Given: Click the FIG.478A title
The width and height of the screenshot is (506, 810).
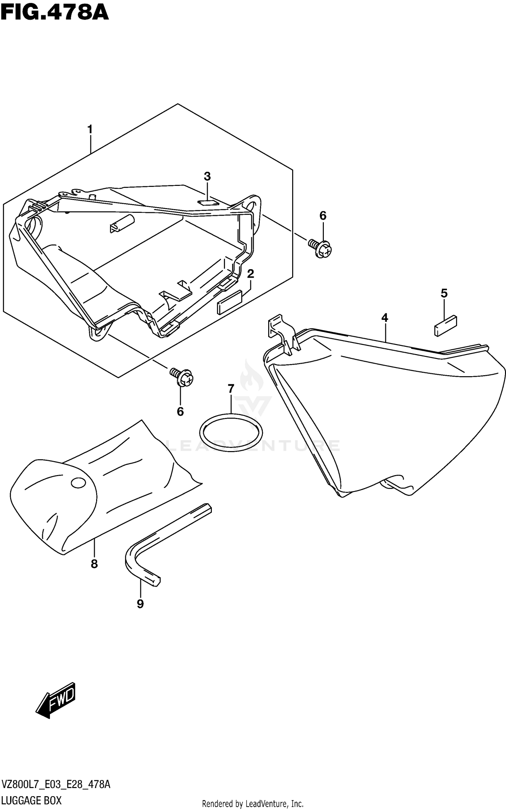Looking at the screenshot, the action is click(55, 13).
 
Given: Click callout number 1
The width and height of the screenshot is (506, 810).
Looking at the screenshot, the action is click(90, 129).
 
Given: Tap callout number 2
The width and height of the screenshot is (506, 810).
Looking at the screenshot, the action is click(250, 274).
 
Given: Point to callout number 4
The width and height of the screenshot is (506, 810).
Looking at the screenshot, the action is click(385, 317).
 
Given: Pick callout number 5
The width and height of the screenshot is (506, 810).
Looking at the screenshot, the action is click(444, 294).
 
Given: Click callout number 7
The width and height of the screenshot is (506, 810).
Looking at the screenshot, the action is click(231, 389).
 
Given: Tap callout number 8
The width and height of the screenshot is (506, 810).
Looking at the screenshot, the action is click(94, 563).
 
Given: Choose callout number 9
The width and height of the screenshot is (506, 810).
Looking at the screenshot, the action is click(140, 604).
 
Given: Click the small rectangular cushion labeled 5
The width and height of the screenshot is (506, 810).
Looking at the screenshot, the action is click(445, 326).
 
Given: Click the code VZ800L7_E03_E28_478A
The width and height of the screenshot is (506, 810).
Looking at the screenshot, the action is click(56, 784).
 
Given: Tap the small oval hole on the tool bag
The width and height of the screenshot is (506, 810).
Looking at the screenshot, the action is click(79, 483).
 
